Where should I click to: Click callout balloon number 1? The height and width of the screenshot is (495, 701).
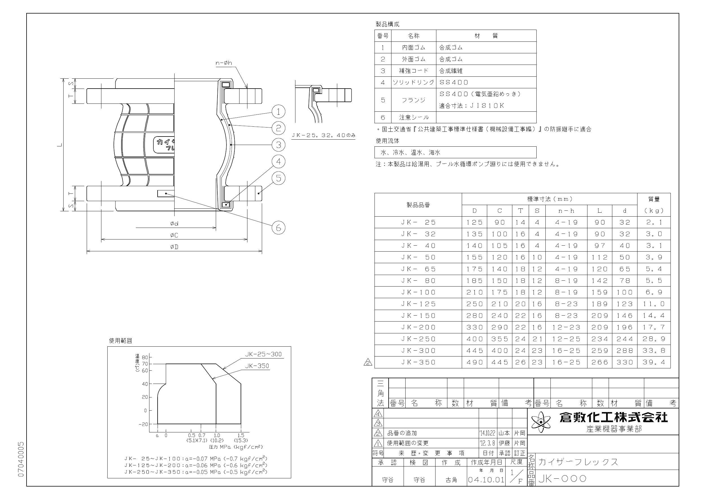[278, 111]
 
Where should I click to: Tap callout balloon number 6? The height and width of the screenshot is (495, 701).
[278, 228]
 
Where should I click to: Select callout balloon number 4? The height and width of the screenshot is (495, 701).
[278, 161]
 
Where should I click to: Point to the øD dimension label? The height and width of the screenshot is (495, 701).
[174, 247]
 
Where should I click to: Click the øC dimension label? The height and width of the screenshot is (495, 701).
[174, 235]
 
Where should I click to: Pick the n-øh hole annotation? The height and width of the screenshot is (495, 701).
[224, 63]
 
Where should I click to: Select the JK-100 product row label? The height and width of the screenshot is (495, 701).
[418, 292]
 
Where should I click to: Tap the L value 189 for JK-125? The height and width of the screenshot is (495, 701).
[599, 304]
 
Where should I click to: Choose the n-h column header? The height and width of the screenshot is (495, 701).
[566, 211]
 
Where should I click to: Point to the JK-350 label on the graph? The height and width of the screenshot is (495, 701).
[257, 366]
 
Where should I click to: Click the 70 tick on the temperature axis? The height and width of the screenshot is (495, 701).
[145, 364]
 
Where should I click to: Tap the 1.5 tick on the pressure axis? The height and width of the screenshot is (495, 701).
[241, 435]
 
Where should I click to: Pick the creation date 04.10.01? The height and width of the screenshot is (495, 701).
[486, 480]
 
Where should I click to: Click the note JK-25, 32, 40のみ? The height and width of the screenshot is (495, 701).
[324, 135]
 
